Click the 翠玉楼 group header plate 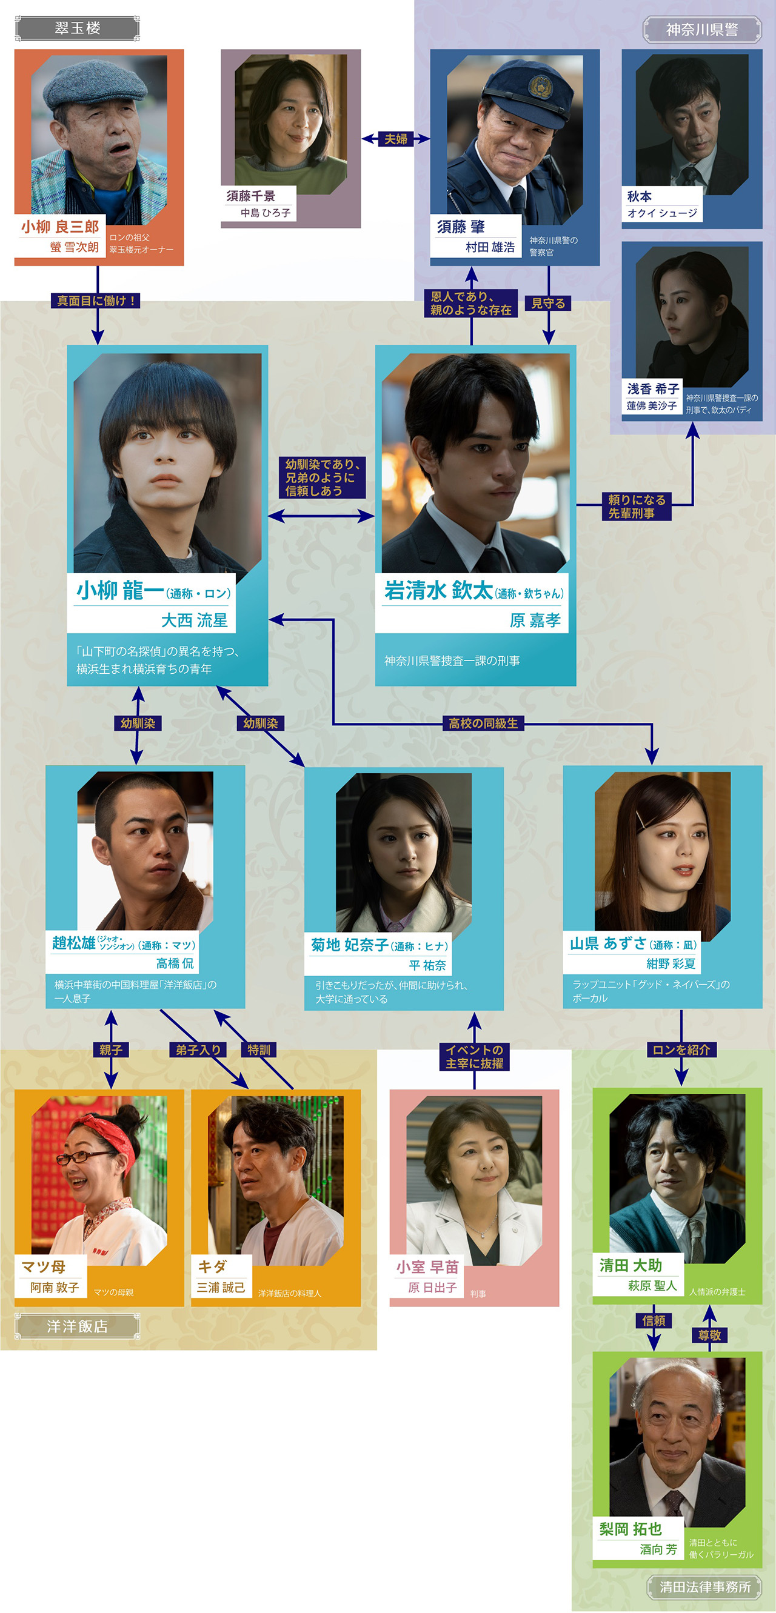point(77,28)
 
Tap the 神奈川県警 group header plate point(702,30)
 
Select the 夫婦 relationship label point(395,138)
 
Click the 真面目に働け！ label point(96,301)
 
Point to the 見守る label point(548,303)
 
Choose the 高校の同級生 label point(483,723)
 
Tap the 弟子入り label point(198,1049)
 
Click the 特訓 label point(259,1049)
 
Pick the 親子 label point(111,1049)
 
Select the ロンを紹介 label point(681,1049)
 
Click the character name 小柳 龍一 point(119,590)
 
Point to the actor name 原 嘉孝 point(535,620)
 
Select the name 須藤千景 point(250,196)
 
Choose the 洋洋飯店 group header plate point(77,1326)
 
